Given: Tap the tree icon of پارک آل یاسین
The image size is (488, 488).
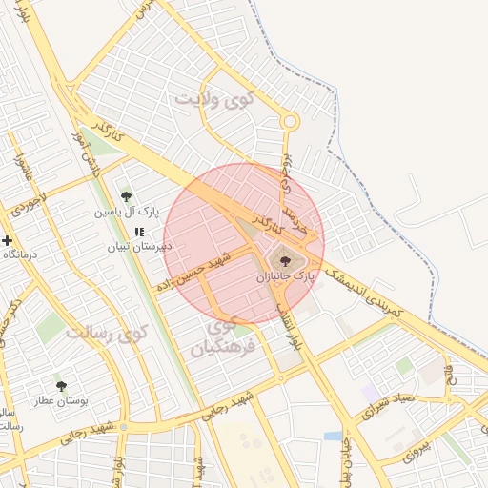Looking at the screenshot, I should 126,196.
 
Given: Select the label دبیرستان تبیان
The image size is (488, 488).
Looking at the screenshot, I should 139,245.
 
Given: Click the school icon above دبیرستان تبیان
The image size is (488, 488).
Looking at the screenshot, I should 139,231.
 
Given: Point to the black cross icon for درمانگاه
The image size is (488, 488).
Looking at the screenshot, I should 7,240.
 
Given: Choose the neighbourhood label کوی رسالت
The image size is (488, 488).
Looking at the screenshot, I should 109,333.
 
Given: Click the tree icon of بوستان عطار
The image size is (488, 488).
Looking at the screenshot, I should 62,386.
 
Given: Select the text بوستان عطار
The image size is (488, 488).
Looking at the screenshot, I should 62,401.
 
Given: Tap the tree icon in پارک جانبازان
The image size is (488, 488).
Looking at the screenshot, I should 283,258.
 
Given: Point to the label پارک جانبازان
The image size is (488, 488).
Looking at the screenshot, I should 284,275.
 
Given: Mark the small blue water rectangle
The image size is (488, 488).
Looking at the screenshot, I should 334,436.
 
